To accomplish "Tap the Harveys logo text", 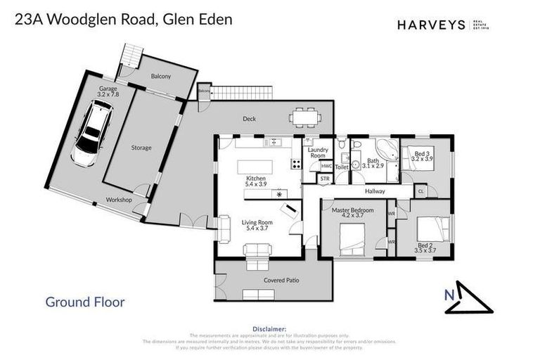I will tap(431, 25).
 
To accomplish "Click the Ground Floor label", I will tap(85, 302).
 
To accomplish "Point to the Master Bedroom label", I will tap(352, 211).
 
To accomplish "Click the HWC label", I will tap(326, 166).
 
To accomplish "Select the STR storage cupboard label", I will tap(324, 179).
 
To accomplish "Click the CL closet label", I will tap(420, 191).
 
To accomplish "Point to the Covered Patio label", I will tap(281, 281).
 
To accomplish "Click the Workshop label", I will tap(119, 200).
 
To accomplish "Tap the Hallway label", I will tap(377, 191).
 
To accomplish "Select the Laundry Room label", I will tap(318, 153).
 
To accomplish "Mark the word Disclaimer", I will tap(269, 328).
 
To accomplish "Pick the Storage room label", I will tap(141, 148).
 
